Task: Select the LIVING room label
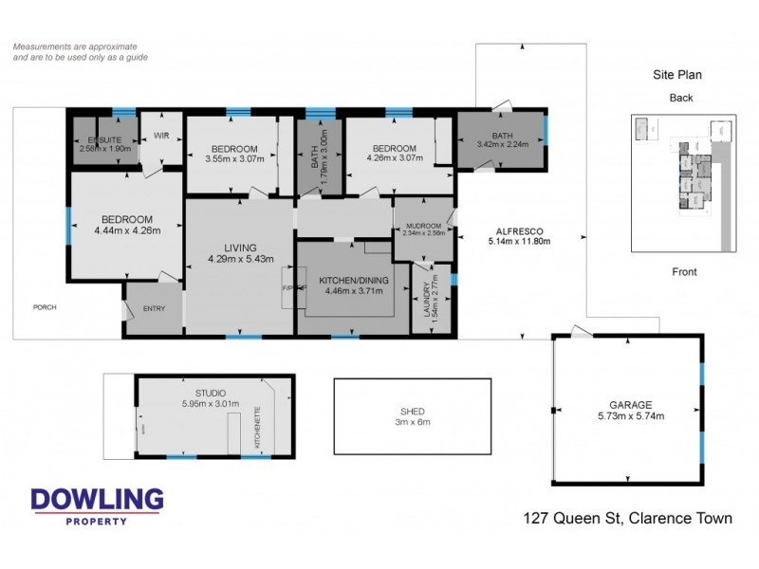[240, 248]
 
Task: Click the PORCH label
[45, 307]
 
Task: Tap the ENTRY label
[154, 308]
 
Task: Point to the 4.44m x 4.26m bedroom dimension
[127, 229]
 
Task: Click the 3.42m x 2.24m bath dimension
[502, 144]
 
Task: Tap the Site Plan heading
[676, 75]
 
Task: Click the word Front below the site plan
[684, 272]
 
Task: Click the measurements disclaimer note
[75, 51]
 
